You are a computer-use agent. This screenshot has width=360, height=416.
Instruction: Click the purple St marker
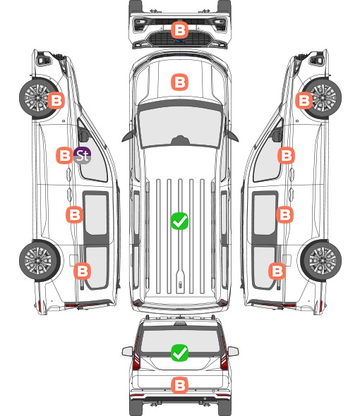point(83,155)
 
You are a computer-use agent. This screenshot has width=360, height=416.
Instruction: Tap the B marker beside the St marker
point(64,155)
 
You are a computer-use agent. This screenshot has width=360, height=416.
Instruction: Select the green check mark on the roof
point(179,221)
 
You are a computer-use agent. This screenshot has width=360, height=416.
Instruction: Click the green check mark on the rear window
point(179,353)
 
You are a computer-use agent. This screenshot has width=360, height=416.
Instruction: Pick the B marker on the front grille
point(179,30)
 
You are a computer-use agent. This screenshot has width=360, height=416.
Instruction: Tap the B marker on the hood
point(179,82)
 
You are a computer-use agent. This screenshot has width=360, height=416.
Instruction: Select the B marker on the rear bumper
point(179,385)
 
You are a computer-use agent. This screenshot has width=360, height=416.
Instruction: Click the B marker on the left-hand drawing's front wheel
point(56,101)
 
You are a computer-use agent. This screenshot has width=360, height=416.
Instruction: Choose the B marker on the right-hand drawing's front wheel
point(304,101)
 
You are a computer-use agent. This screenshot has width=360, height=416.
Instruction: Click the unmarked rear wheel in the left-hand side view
point(40,260)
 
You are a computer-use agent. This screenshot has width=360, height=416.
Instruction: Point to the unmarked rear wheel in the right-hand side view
point(321,260)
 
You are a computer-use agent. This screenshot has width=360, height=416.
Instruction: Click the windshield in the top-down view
point(180,126)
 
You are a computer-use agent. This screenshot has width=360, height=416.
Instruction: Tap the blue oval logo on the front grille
point(180,41)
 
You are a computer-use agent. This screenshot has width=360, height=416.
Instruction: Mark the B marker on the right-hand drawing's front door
point(286,155)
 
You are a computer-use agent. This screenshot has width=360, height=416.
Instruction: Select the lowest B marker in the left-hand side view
point(83,271)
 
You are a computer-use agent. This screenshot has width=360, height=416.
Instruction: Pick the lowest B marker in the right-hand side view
point(277,271)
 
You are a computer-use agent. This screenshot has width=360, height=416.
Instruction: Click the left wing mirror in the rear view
point(128,351)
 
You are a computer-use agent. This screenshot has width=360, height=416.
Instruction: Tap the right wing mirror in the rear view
point(233,351)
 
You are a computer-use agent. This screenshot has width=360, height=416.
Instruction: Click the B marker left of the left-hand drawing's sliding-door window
point(74,214)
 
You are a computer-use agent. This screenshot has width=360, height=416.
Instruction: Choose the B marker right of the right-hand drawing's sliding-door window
point(284,214)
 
